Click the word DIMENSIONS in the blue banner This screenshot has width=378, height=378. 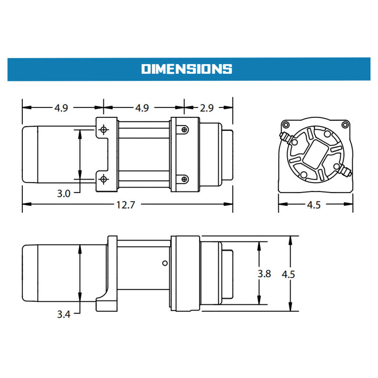click(186, 69)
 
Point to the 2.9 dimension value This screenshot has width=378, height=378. click(208, 108)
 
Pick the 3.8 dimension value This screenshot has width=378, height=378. click(264, 274)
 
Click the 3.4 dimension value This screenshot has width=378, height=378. click(63, 314)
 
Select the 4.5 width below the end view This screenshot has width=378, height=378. click(313, 205)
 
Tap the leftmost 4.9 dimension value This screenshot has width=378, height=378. click(61, 108)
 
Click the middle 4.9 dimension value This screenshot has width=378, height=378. click(142, 108)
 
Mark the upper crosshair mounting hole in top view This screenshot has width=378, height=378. click(103, 129)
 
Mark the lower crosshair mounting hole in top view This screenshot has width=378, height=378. click(103, 179)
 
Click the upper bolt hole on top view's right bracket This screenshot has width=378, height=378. click(184, 129)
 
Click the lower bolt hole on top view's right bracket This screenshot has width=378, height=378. click(184, 179)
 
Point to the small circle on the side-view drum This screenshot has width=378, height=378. click(164, 263)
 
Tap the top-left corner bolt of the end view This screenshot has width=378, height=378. click(285, 125)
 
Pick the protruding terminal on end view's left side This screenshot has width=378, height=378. click(284, 138)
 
